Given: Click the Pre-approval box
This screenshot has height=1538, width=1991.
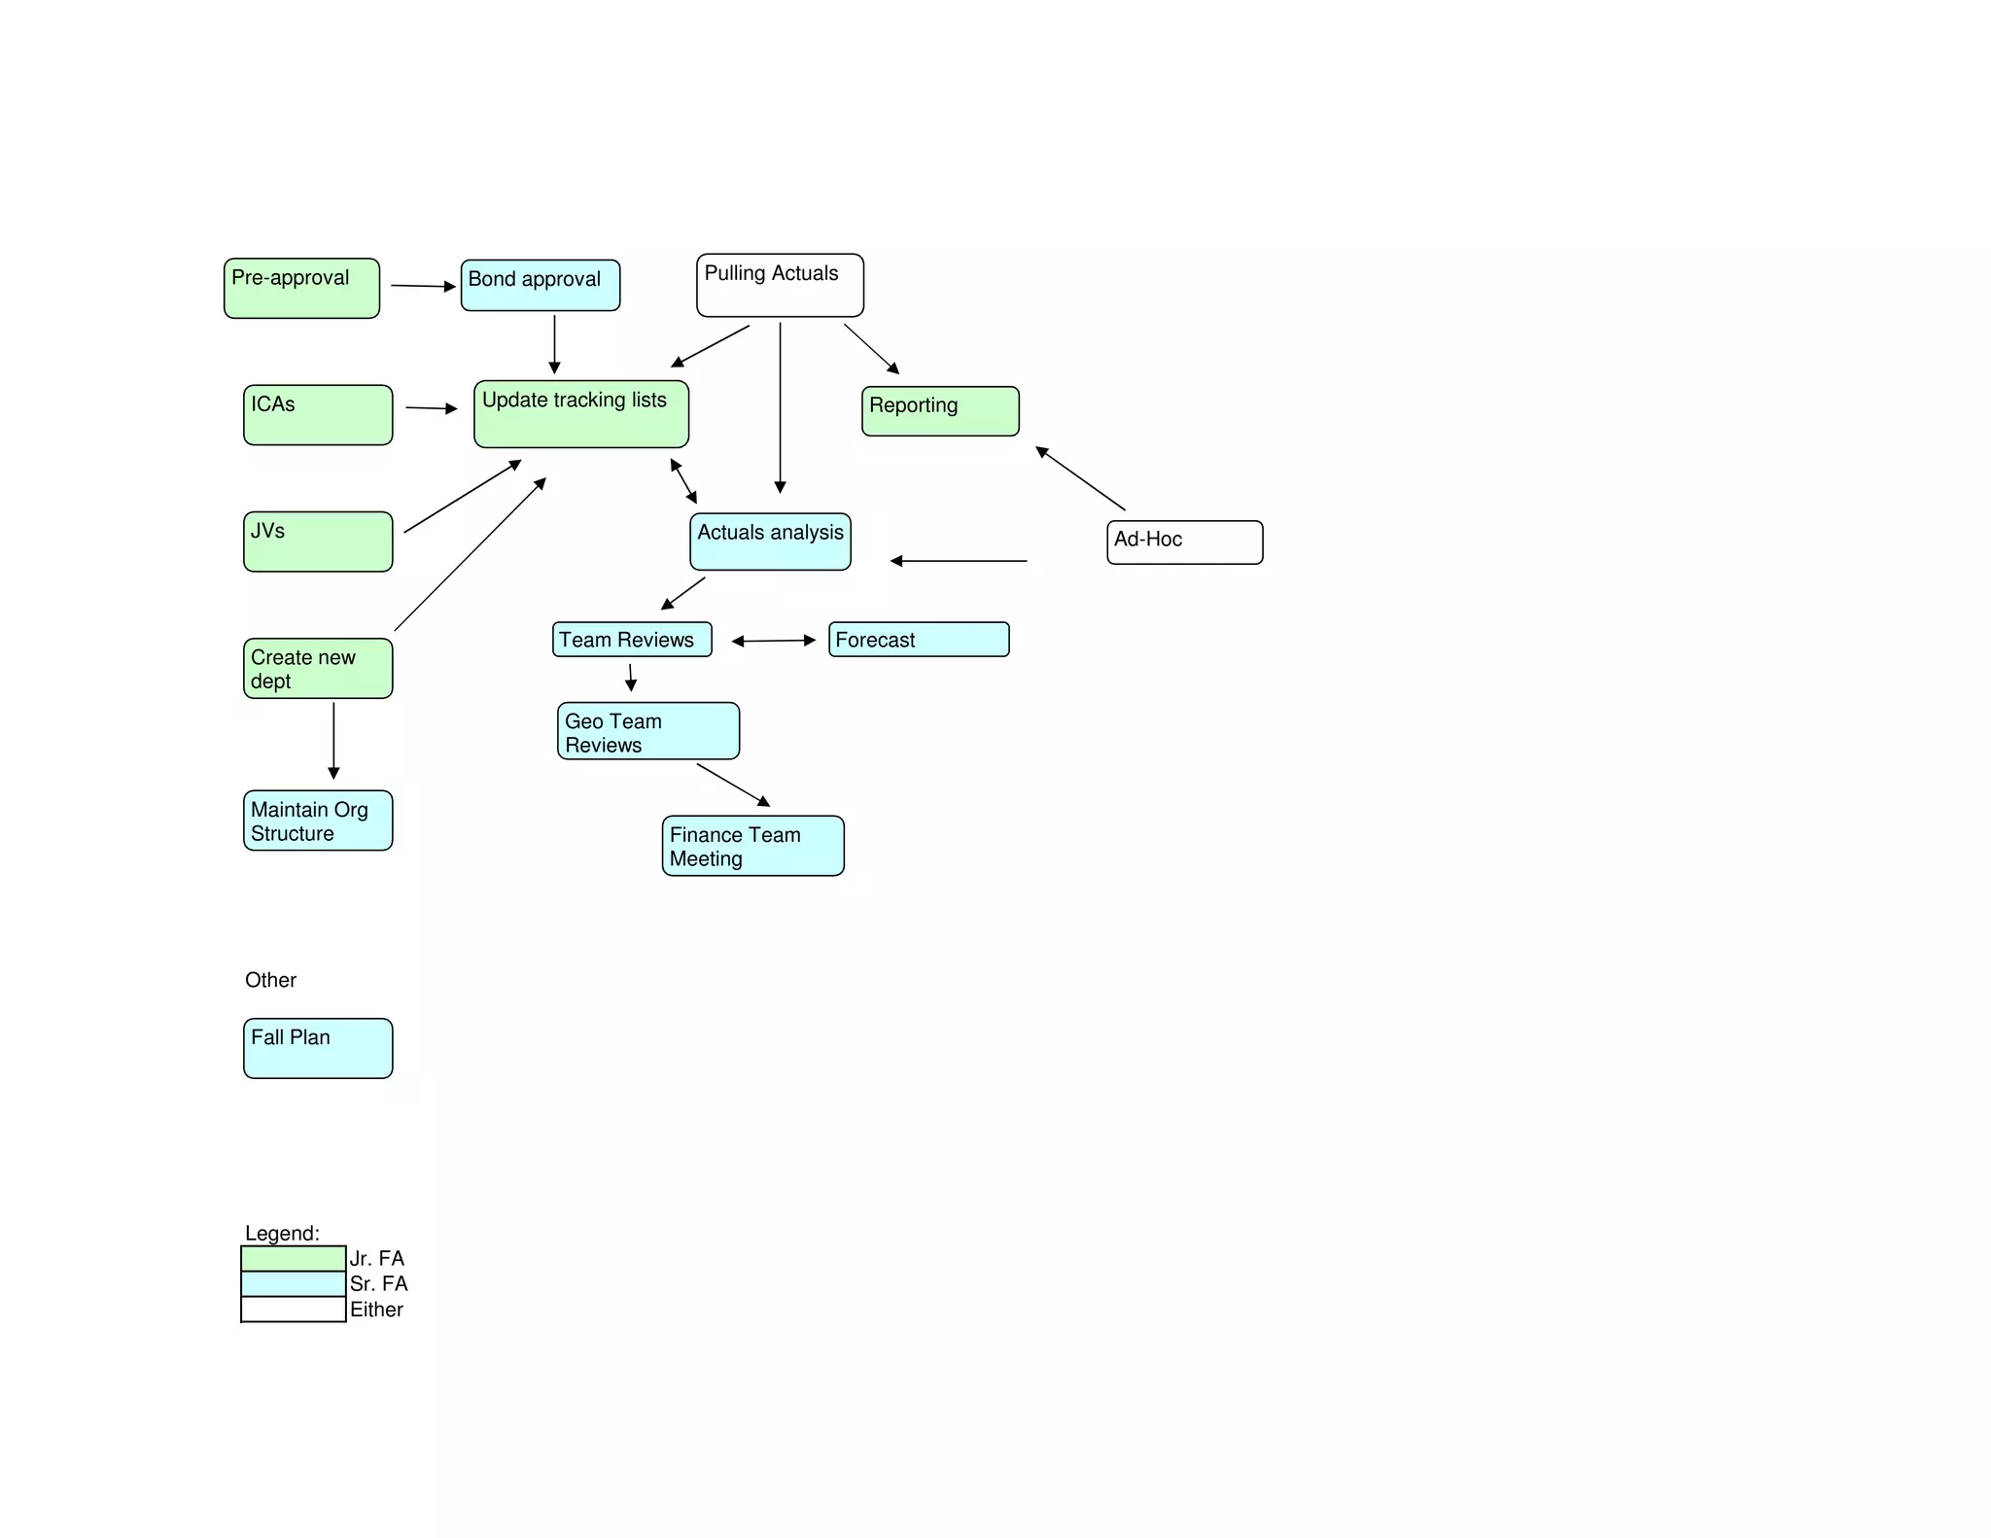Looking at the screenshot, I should click(x=301, y=288).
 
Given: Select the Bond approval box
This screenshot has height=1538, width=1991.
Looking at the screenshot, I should click(x=540, y=285).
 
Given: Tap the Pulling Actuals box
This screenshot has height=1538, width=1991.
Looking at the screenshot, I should click(x=780, y=285).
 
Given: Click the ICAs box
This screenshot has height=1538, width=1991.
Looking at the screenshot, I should click(x=318, y=415).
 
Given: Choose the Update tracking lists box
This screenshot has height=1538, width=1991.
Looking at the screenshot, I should click(x=581, y=414).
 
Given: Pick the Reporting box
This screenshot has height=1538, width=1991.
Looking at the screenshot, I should click(x=940, y=411).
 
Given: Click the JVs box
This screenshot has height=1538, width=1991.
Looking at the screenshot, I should click(x=318, y=542).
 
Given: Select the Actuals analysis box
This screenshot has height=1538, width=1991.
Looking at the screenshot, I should click(x=770, y=542).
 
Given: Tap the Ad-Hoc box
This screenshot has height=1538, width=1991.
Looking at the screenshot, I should click(x=1184, y=542).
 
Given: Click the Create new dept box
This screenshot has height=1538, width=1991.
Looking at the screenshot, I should click(x=318, y=668).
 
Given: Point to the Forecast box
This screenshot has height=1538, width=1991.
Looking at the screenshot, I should click(x=919, y=640).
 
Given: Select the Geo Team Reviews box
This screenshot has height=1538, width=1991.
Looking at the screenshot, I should click(x=648, y=731).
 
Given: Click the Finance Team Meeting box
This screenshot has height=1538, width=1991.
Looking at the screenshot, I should click(x=752, y=846).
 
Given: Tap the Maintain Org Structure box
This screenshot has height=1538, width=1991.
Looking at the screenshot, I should click(x=318, y=821).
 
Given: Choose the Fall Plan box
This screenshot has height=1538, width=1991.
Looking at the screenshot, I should click(x=318, y=1048).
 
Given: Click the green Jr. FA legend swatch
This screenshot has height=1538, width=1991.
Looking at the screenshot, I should click(x=294, y=1258).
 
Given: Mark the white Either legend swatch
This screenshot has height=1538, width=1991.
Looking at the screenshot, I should click(x=294, y=1310).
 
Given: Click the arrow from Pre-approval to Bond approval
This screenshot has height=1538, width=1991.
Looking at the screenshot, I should click(x=423, y=286).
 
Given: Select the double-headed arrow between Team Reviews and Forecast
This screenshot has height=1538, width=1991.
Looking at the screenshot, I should click(x=774, y=641).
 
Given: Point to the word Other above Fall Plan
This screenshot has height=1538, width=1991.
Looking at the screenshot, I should click(x=270, y=980).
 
